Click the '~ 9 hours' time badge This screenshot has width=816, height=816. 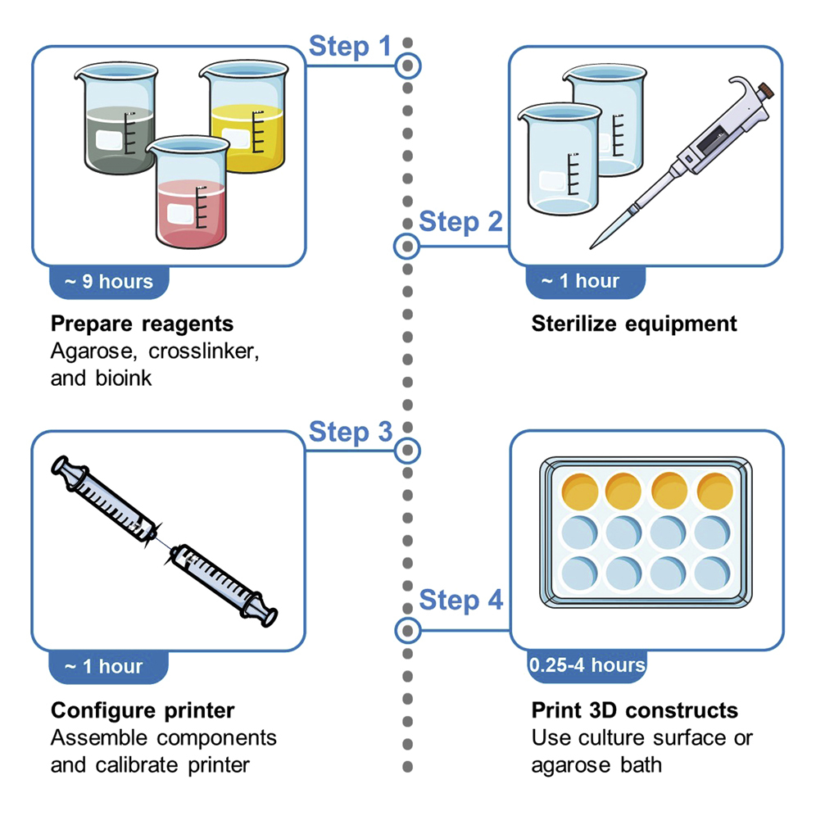point(109,282)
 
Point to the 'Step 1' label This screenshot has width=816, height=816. point(350,47)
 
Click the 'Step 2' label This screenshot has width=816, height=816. point(460,221)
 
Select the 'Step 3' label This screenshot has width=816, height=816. point(350,432)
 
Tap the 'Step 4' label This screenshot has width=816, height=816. point(460,601)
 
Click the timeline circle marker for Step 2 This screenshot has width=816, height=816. point(406,246)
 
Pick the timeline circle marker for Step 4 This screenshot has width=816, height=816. point(406,631)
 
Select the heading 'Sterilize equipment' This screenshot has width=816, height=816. point(634,324)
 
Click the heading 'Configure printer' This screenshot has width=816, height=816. point(143,709)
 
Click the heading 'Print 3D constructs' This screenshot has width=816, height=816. point(634,709)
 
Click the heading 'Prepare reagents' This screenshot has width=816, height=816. point(142,324)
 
